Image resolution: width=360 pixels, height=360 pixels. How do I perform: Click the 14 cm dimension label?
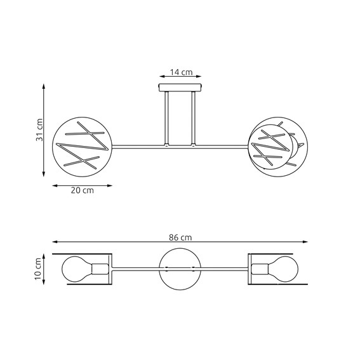coord(180,73)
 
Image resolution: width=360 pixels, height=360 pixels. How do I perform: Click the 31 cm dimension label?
coord(39,130)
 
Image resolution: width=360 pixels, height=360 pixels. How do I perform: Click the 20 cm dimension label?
coord(82,190)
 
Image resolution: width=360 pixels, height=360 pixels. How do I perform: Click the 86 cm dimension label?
coord(180,237)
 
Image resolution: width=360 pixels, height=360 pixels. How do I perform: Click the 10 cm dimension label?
coord(39,269)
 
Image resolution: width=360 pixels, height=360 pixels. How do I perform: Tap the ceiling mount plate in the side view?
coord(180,88)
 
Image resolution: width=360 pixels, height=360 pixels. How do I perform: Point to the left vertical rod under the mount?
coord(166,119)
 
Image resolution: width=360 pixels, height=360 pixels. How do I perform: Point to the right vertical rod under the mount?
coord(194,119)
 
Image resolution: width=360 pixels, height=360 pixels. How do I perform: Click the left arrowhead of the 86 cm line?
coord(55,242)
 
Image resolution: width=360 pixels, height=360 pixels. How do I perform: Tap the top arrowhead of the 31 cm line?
coord(44,83)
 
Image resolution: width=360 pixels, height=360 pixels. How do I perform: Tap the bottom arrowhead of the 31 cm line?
coord(44,175)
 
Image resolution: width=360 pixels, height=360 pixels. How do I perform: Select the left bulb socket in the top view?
coord(100,269)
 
